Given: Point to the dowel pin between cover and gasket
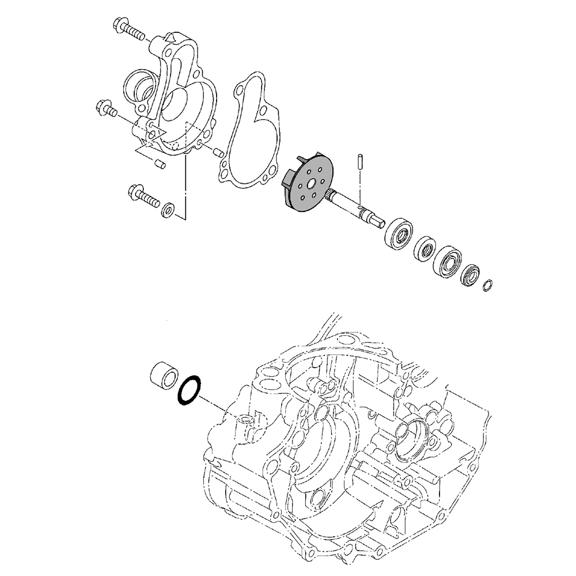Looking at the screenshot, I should pyautogui.click(x=217, y=153).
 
